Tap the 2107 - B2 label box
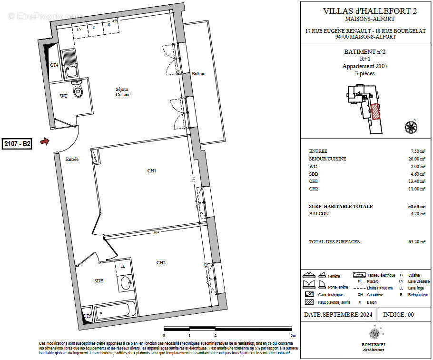pyautogui.click(x=17, y=144)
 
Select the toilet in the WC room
pyautogui.click(x=77, y=89)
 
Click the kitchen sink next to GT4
pyautogui.click(x=71, y=65)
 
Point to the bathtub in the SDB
pyautogui.click(x=112, y=312)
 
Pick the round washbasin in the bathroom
pyautogui.click(x=126, y=283)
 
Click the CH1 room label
pyautogui.click(x=152, y=170)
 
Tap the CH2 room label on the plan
pyautogui.click(x=161, y=262)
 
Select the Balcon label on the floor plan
pyautogui.click(x=198, y=74)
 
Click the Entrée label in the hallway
pyautogui.click(x=72, y=160)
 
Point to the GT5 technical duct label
pyautogui.click(x=87, y=316)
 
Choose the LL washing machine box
pyautogui.click(x=123, y=266)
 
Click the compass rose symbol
pyautogui.click(x=410, y=127)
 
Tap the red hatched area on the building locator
pyautogui.click(x=375, y=111)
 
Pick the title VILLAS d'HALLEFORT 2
pyautogui.click(x=366, y=10)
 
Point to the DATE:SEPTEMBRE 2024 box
pyautogui.click(x=338, y=315)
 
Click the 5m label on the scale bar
pyautogui.click(x=294, y=335)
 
